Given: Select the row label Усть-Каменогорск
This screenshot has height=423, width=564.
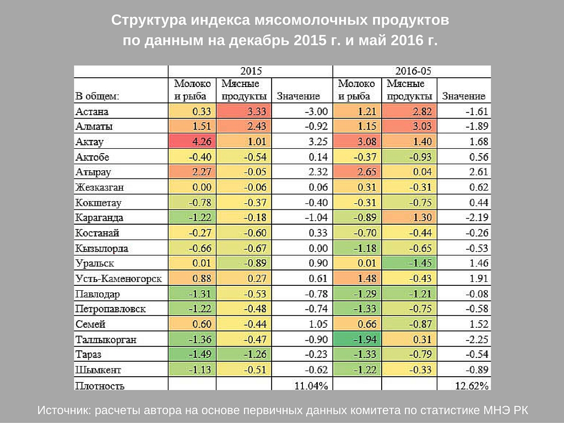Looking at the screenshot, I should click(x=118, y=279).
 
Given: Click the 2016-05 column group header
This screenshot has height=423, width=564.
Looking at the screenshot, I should click(x=413, y=71).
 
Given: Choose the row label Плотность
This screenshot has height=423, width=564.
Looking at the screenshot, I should click(x=100, y=386).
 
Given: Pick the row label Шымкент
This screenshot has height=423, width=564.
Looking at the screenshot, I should click(x=99, y=370).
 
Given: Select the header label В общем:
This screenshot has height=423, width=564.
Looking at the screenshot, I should click(x=97, y=96).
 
